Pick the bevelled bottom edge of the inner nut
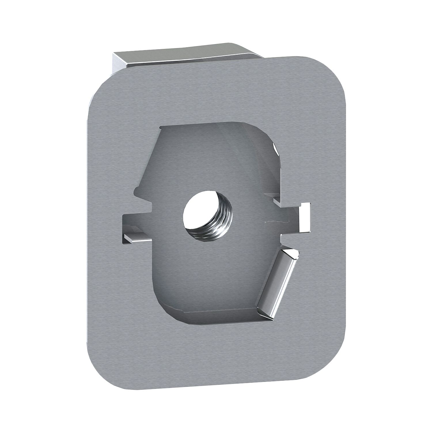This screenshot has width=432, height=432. (x=219, y=315)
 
